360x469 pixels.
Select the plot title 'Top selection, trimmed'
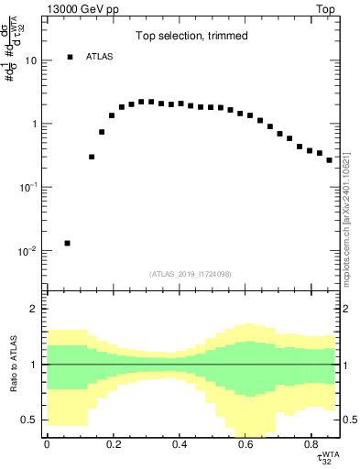[191, 36]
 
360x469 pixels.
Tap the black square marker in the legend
[70, 58]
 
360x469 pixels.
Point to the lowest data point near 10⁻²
[67, 243]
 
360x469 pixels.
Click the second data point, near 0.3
[92, 157]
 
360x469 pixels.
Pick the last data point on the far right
[330, 160]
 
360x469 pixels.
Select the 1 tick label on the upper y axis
[34, 124]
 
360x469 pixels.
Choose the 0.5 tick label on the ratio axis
[30, 420]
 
